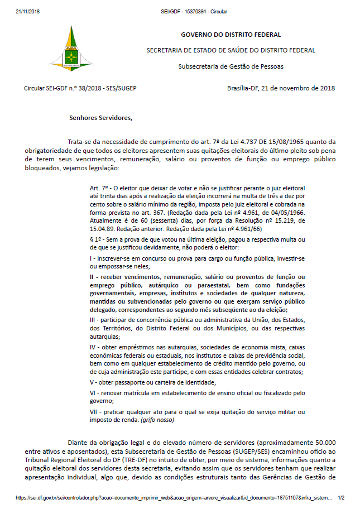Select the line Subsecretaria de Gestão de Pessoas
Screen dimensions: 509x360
point(231,66)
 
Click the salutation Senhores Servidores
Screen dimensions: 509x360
point(101,118)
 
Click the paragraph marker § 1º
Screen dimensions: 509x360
point(97,239)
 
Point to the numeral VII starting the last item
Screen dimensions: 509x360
point(94,412)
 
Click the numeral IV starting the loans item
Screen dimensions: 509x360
point(93,347)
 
